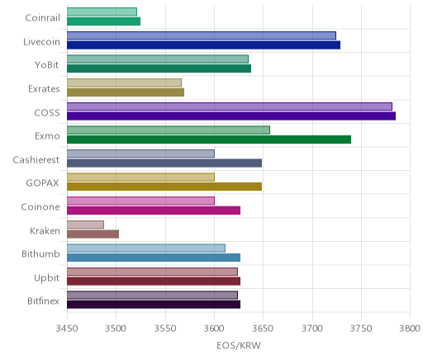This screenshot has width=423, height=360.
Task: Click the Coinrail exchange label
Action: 42,18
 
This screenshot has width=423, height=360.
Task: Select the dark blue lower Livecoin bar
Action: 203,45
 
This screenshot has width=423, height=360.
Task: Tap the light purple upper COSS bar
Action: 230,107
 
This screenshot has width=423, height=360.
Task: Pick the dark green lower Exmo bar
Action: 209,140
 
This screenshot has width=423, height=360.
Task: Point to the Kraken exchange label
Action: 45,230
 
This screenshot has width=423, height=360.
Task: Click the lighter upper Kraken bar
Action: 85,225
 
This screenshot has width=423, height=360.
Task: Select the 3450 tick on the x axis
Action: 67,329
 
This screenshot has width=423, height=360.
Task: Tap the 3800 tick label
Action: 410,329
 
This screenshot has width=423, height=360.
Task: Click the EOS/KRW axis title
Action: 239,345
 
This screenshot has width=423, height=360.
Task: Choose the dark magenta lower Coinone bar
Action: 154,211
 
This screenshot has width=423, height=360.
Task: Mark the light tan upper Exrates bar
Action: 124,83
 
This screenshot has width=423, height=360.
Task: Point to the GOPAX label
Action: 42,183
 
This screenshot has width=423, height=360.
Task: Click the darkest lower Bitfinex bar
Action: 154,305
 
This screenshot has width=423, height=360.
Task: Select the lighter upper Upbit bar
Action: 152,272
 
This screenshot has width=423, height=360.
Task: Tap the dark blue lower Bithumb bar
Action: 154,258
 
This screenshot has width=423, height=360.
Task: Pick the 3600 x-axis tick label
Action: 214,329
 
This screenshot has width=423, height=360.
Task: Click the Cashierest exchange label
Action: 36,159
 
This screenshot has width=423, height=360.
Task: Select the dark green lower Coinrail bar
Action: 103,21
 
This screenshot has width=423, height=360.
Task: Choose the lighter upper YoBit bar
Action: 158,59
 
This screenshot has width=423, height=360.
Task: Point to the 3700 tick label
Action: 312,329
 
